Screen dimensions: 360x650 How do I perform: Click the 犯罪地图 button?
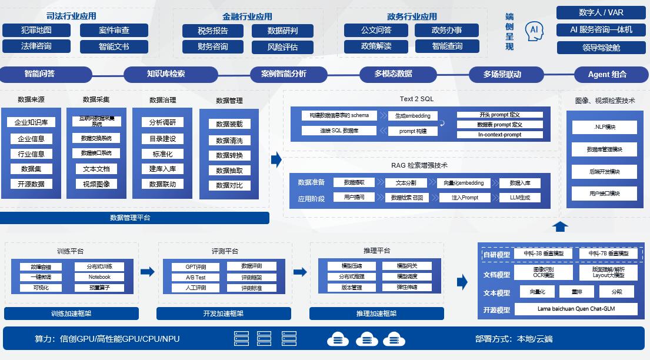tap(36, 30)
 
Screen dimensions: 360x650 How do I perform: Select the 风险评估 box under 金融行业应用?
tap(282, 47)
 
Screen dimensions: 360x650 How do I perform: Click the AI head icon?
tap(535, 31)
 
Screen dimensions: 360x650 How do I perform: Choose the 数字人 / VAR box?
tap(601, 12)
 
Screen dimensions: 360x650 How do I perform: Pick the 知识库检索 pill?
tap(166, 74)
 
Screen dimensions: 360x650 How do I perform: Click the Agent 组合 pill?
tap(607, 74)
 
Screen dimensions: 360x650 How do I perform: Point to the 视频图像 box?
tap(97, 184)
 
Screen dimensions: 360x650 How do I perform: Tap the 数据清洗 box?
tap(229, 141)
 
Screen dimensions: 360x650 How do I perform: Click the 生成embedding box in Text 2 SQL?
tap(412, 116)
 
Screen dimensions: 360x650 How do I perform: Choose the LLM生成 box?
tap(520, 198)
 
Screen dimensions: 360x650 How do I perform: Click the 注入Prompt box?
tap(465, 198)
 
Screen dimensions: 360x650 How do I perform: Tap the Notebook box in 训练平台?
tap(99, 277)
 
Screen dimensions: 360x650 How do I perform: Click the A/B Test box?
tap(196, 277)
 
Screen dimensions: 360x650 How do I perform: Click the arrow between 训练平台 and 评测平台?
tap(148, 272)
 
